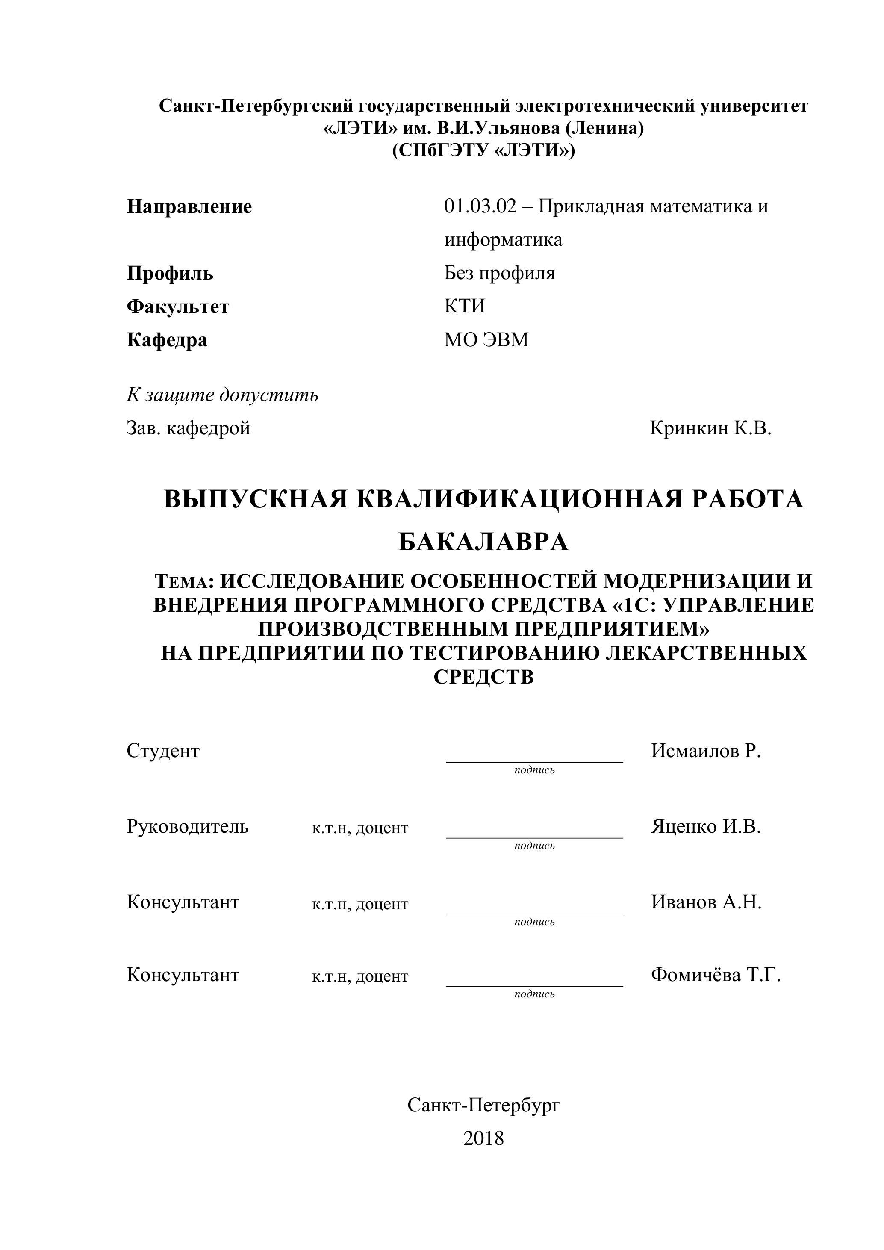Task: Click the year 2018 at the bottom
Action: [x=483, y=1138]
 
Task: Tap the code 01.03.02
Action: [x=480, y=207]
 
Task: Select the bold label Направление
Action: [x=189, y=207]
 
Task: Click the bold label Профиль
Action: [x=170, y=273]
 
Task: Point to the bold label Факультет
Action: [x=178, y=307]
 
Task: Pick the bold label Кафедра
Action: [x=167, y=340]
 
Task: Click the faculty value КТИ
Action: [x=464, y=307]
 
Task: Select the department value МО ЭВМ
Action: [x=486, y=340]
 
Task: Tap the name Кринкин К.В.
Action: [x=710, y=428]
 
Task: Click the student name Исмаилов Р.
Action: [x=705, y=751]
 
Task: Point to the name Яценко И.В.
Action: [x=705, y=826]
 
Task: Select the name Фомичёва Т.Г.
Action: [x=715, y=975]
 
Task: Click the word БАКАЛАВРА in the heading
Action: [x=483, y=542]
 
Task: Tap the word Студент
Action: [x=163, y=751]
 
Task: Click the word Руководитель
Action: [x=188, y=826]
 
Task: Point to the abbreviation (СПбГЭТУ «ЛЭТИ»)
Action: [x=483, y=150]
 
